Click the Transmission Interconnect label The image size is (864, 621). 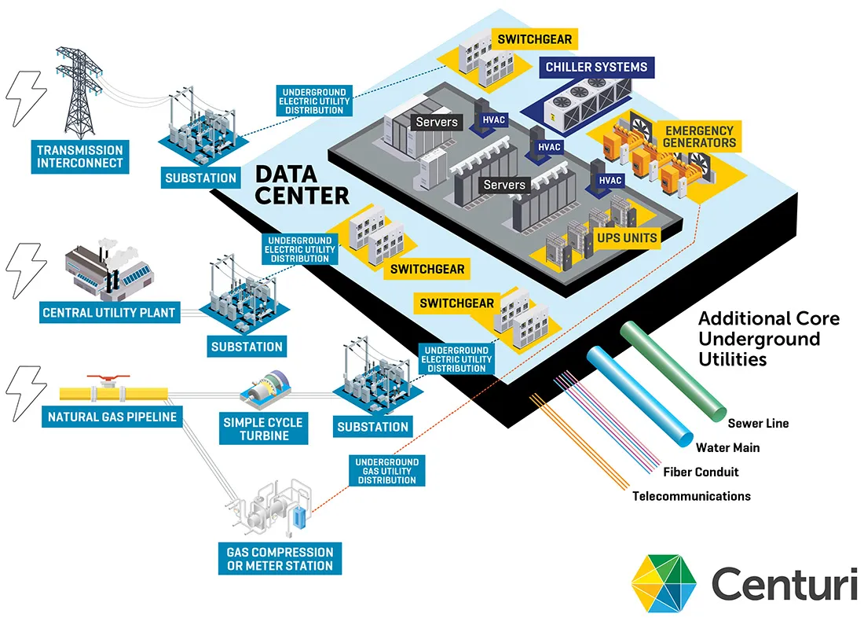point(79,156)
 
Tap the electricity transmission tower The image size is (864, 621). point(80,90)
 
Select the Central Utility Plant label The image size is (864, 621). point(109,313)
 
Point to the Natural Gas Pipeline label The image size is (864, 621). point(112,416)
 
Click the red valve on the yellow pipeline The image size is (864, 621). point(103,380)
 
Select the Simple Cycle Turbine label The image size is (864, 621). point(262,428)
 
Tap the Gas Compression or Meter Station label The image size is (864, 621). point(280,559)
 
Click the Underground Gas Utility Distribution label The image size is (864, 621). point(386,470)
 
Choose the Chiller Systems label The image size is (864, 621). point(597,67)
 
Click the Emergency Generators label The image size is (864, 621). point(699,137)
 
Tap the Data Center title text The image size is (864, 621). point(302,184)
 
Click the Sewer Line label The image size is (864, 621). point(758,423)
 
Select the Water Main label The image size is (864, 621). point(727,447)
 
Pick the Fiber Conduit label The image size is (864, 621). point(701,472)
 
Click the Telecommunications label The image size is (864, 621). point(691,496)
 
